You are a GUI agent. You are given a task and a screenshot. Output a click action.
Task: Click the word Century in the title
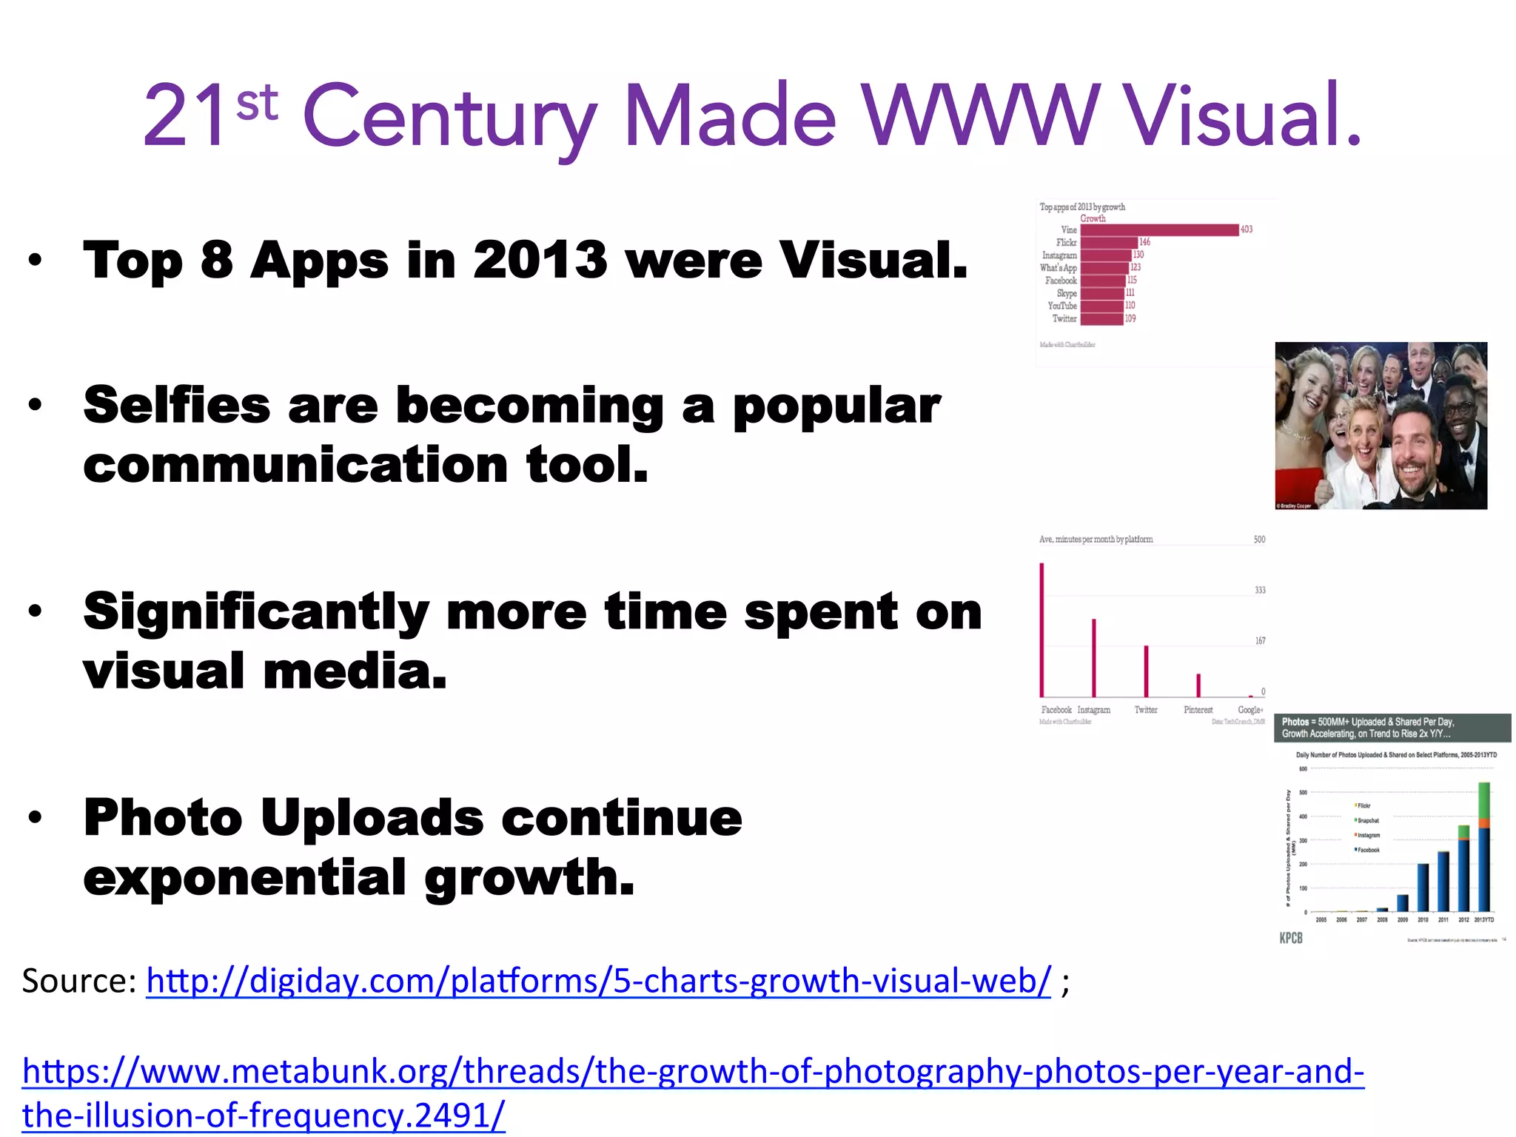coord(449,118)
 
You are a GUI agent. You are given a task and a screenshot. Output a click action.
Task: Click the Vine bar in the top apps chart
coord(1158,229)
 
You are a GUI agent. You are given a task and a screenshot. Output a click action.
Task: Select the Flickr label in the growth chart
coord(1066,242)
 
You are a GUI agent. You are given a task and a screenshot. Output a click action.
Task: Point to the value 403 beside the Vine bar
coord(1247,229)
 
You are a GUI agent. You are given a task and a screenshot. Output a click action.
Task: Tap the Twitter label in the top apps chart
coord(1064,318)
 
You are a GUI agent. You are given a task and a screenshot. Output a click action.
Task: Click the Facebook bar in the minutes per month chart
coord(1042,629)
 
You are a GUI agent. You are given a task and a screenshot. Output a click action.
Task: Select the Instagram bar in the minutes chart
coord(1094,657)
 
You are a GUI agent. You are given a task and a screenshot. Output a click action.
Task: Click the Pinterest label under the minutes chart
coord(1198,709)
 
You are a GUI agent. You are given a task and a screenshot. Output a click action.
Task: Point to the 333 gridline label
coord(1260,590)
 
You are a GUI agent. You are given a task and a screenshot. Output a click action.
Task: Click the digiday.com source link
coord(598,981)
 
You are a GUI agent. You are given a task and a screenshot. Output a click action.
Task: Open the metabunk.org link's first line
coord(693,1071)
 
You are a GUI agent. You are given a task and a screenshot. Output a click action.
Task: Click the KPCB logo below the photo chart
coord(1291,938)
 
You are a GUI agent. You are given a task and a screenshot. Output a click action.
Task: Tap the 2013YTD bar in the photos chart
coord(1483,848)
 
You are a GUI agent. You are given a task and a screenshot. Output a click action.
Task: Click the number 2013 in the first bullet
coord(540,261)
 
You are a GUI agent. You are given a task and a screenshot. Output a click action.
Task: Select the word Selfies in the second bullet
coord(177,406)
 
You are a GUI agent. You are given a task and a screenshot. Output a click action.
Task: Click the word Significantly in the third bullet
coord(256,613)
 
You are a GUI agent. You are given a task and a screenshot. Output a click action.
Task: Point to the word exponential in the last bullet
coord(244,878)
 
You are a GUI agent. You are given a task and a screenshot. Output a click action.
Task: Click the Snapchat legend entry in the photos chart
coord(1367,820)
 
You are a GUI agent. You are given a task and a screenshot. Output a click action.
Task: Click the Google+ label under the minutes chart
coord(1250,709)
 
